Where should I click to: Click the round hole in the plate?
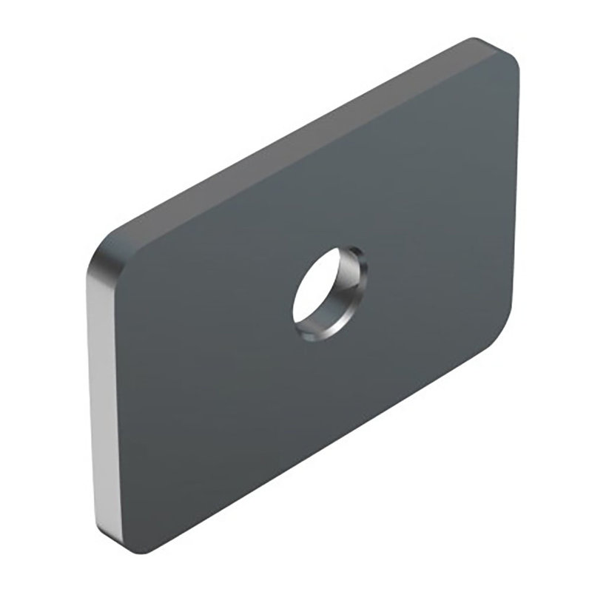click(330, 295)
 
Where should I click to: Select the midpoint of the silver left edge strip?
click(99, 392)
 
